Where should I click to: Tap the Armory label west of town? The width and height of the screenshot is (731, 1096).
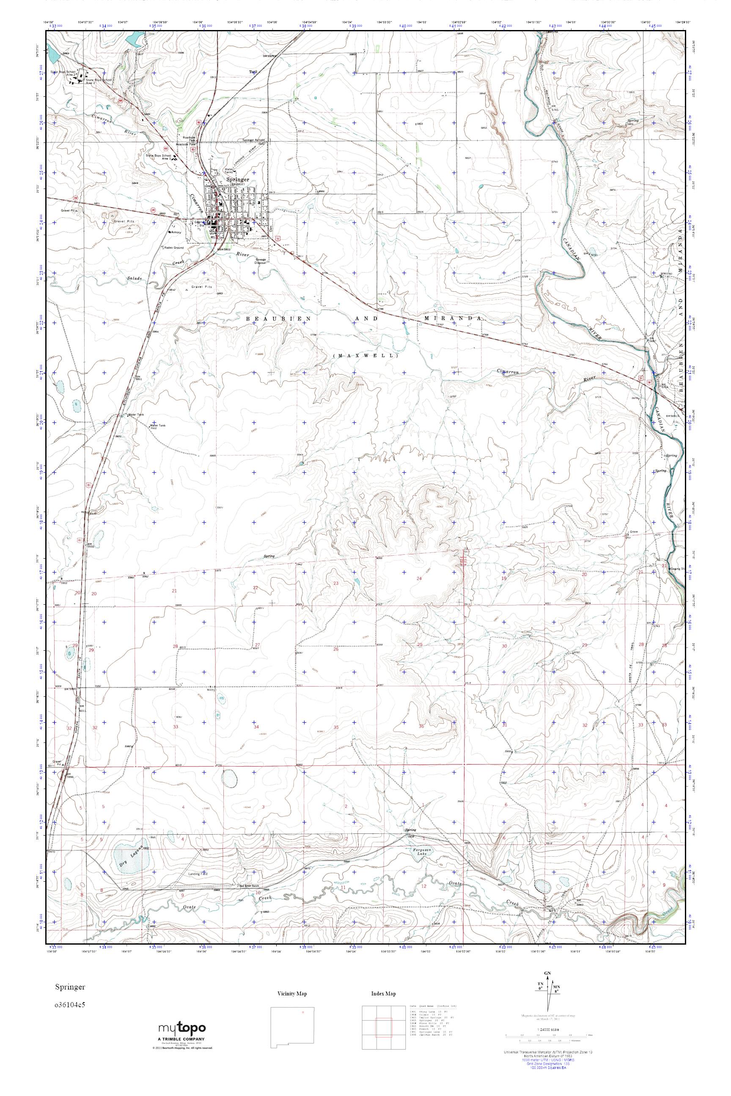[x=176, y=232]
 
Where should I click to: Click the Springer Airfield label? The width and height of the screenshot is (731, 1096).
[x=254, y=140]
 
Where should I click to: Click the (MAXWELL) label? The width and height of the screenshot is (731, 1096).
[x=366, y=356]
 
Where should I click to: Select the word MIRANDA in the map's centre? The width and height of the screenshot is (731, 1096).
[x=453, y=318]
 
